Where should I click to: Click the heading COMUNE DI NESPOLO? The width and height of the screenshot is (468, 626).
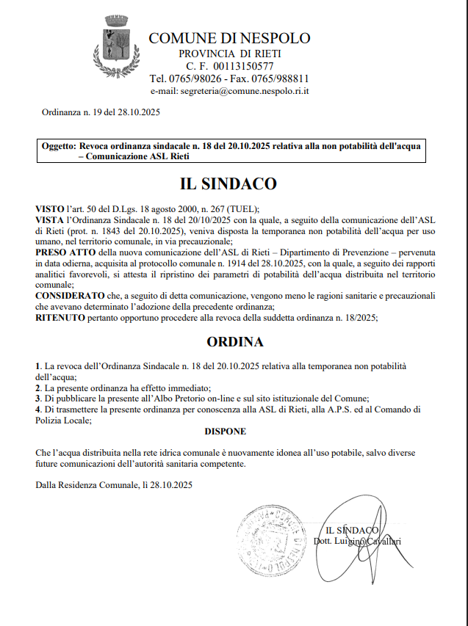[229, 38]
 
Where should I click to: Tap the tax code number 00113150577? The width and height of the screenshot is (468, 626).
[244, 66]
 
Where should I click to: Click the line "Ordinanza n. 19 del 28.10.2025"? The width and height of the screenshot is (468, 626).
[101, 112]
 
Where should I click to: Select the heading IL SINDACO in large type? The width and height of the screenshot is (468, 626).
[228, 183]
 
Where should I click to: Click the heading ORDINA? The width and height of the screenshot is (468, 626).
[234, 342]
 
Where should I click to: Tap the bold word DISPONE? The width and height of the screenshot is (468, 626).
[225, 431]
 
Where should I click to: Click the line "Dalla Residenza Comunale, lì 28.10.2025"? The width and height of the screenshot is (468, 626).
[113, 485]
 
